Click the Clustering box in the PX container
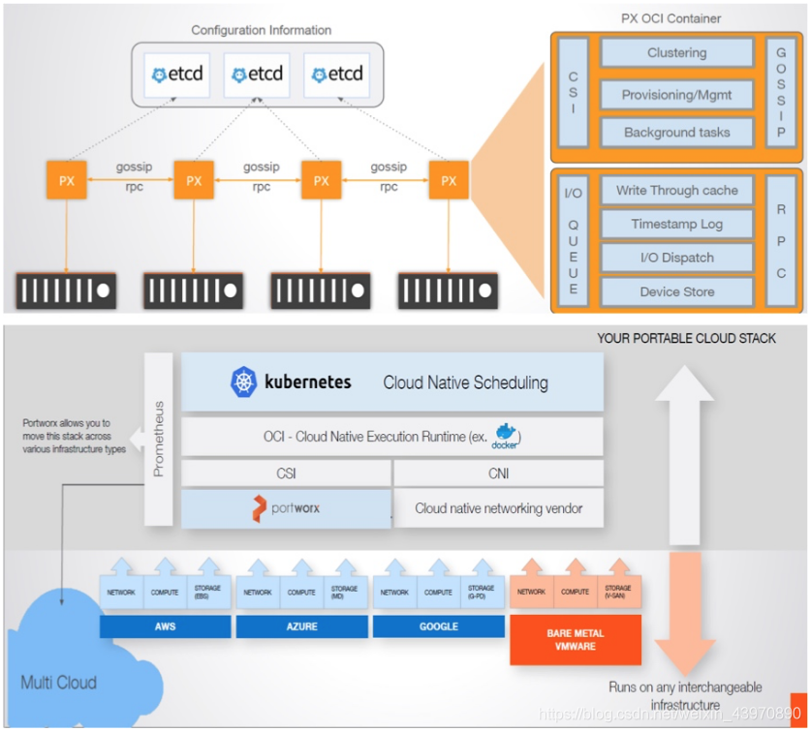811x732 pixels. pos(677,53)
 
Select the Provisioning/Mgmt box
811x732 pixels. pos(677,95)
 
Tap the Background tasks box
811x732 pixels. pos(677,133)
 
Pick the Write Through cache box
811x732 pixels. pos(677,191)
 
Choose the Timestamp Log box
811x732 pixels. pos(677,225)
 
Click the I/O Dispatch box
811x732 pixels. pos(677,258)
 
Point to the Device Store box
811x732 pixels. pos(677,291)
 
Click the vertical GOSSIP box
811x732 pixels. pos(781,93)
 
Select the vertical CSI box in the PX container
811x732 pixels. pos(573,93)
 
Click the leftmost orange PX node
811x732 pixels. pos(67,181)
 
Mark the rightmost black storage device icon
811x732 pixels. pos(448,290)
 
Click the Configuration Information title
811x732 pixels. pos(262,31)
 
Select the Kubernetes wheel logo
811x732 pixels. pos(244,381)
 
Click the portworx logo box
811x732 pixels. pos(287,508)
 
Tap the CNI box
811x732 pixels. pos(499,473)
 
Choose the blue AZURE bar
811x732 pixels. pos(302,626)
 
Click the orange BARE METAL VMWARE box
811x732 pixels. pos(576,639)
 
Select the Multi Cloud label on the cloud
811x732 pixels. pos(59,683)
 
